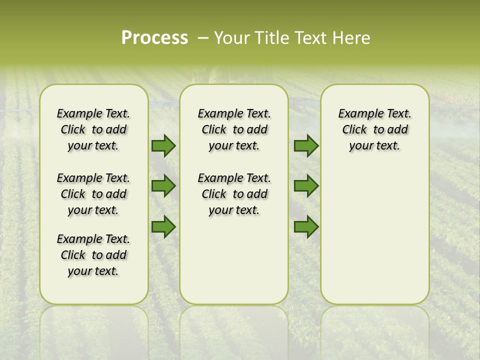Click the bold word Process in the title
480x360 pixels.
click(154, 38)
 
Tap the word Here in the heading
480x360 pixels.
click(352, 38)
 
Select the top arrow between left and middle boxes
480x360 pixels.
click(163, 145)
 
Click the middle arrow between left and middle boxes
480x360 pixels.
click(163, 186)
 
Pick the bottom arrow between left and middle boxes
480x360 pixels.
click(163, 226)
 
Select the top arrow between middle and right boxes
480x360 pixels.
click(306, 145)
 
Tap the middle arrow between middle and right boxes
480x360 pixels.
click(306, 186)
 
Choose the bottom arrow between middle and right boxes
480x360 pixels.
click(306, 226)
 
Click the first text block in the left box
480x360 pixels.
click(93, 129)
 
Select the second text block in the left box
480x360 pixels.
click(93, 194)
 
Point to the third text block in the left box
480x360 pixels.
click(93, 255)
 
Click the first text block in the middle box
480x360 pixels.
click(234, 129)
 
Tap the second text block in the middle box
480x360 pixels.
click(234, 194)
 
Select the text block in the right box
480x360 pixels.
click(374, 129)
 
